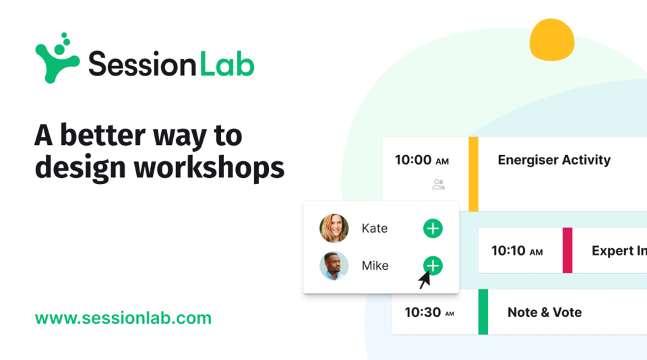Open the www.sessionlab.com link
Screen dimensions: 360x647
pyautogui.click(x=123, y=318)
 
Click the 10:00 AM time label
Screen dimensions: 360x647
pyautogui.click(x=421, y=160)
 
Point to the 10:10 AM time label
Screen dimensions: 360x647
pyautogui.click(x=516, y=251)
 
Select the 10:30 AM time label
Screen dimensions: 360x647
pyautogui.click(x=429, y=312)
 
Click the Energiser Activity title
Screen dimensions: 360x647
pyautogui.click(x=553, y=160)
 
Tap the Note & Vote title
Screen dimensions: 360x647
pyautogui.click(x=544, y=312)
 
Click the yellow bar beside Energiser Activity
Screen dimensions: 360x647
pyautogui.click(x=473, y=174)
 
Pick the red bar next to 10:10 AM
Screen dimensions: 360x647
pyautogui.click(x=567, y=250)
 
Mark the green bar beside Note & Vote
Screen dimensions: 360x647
pyautogui.click(x=483, y=311)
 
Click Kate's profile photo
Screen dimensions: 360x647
pyautogui.click(x=334, y=228)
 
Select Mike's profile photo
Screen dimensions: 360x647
pyautogui.click(x=334, y=266)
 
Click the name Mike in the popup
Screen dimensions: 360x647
pyautogui.click(x=375, y=266)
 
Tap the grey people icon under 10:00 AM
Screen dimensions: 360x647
pyautogui.click(x=439, y=184)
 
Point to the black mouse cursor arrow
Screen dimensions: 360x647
pyautogui.click(x=425, y=279)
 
